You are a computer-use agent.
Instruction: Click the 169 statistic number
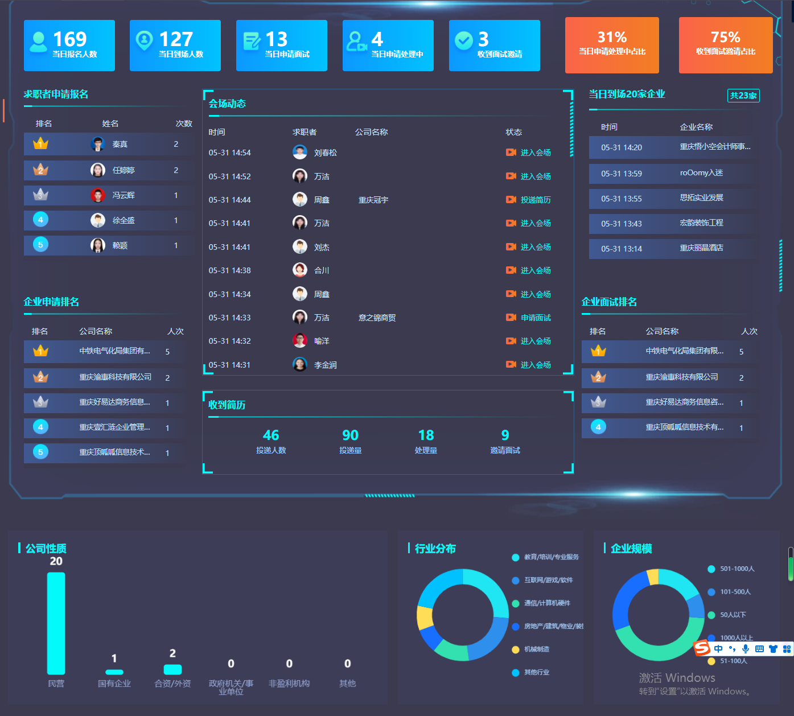69,39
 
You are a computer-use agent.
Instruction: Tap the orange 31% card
612,45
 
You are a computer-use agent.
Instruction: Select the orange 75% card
726,45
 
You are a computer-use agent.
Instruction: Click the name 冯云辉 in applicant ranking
124,195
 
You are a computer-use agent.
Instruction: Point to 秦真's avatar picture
98,144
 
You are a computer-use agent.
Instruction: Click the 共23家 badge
743,96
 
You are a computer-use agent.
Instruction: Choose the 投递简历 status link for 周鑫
536,200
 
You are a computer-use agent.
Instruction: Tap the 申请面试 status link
536,318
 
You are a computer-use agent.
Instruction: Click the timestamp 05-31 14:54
229,153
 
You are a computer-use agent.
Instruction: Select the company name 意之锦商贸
377,318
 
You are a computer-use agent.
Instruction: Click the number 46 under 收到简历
271,435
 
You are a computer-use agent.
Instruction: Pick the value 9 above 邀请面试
505,435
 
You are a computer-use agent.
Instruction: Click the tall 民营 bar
56,623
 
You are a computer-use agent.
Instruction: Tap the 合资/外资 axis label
172,684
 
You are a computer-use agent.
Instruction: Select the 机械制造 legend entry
536,649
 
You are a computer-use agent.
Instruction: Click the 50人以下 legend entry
733,615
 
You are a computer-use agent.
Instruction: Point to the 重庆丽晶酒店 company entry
701,248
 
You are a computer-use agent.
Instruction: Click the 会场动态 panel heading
227,104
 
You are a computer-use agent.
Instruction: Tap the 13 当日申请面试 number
277,39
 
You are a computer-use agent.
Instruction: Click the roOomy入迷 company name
701,173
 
